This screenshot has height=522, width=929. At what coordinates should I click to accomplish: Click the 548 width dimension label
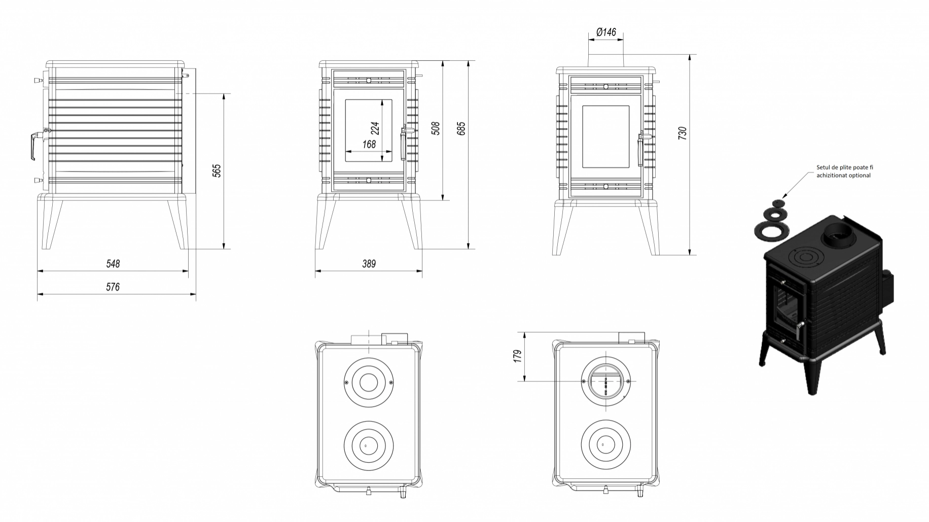click(x=113, y=264)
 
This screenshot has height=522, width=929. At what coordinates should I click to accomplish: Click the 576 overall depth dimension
click(x=113, y=287)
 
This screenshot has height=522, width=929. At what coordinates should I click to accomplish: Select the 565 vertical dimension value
click(x=217, y=171)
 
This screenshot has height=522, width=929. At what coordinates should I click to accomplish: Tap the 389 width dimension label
click(x=369, y=264)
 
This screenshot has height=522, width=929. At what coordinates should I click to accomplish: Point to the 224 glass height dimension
click(x=375, y=129)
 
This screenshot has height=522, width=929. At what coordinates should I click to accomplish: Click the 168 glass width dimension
click(x=369, y=145)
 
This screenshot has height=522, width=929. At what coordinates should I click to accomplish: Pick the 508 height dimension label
click(x=435, y=128)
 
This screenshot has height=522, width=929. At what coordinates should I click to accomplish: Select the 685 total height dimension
click(x=461, y=128)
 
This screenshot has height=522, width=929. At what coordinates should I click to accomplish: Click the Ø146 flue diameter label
click(x=606, y=32)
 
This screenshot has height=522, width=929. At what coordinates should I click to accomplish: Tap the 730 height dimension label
click(x=682, y=133)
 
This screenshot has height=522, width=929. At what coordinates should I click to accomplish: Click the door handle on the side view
click(x=33, y=146)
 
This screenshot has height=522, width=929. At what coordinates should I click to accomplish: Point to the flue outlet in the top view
click(x=607, y=380)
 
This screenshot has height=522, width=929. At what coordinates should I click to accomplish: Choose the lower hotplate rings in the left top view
click(x=368, y=445)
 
